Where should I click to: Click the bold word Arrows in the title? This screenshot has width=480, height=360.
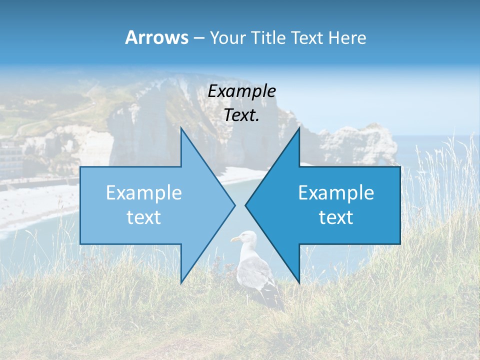click(157, 37)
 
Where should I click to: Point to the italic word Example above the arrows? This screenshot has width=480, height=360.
click(242, 91)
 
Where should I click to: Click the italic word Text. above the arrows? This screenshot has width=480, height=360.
click(242, 115)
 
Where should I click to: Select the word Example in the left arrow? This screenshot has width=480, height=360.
click(144, 192)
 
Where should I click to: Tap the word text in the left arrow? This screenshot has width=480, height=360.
click(144, 217)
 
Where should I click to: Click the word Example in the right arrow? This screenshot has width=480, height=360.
click(336, 192)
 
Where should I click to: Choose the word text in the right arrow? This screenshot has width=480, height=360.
click(336, 217)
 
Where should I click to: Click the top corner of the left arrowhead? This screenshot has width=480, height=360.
click(181, 129)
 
